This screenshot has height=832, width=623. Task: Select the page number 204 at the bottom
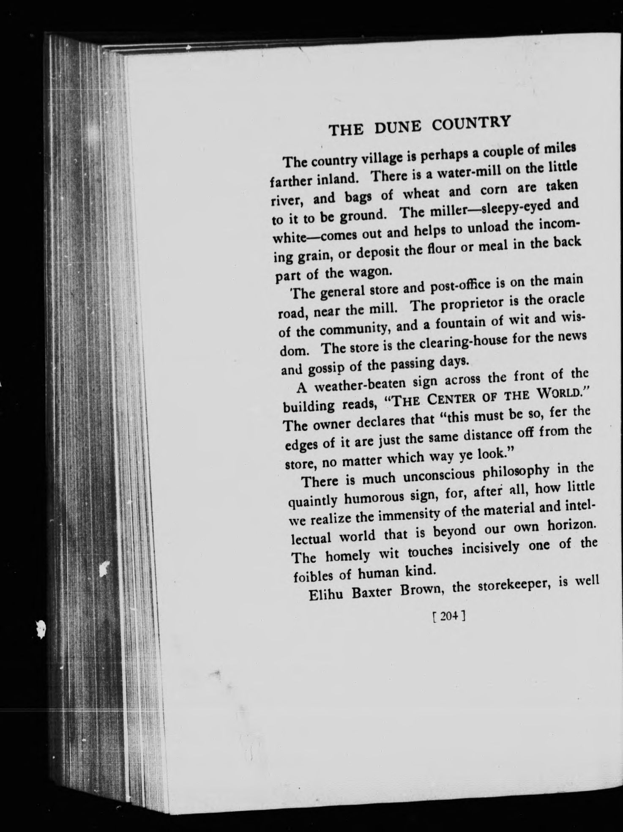coord(448,616)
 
